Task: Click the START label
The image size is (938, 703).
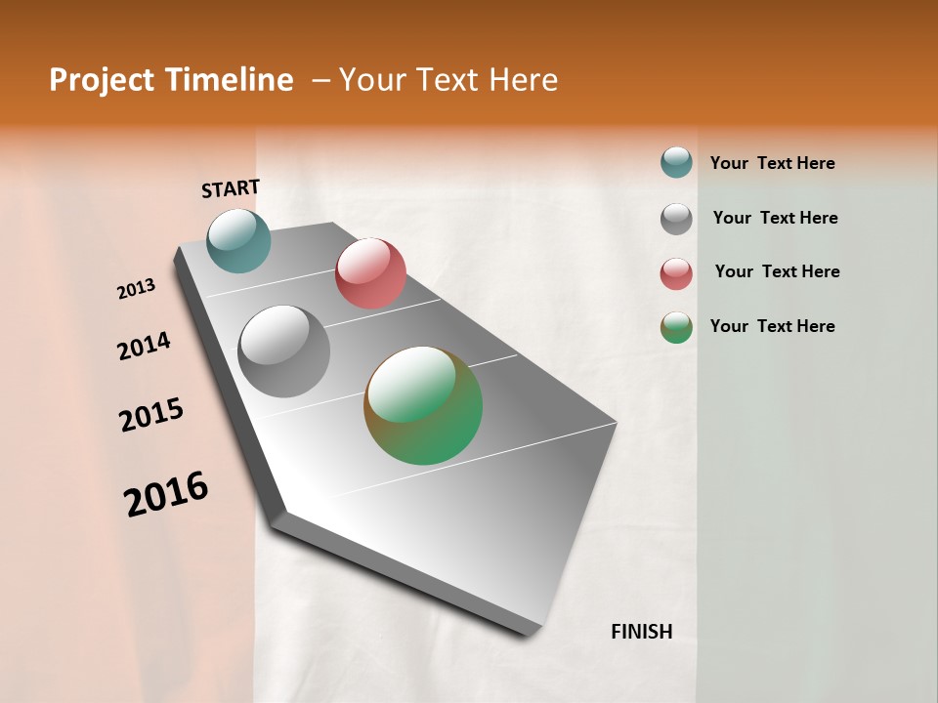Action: (231, 188)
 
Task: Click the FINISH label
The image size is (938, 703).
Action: (641, 632)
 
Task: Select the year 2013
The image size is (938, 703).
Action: (136, 289)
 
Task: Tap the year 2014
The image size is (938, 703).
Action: (144, 347)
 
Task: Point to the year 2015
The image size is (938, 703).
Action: (151, 415)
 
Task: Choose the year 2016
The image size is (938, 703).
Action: (166, 493)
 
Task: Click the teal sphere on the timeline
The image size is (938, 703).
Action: (238, 240)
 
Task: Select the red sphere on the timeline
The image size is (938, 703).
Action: (370, 272)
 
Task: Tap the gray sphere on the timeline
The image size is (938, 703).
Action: (283, 351)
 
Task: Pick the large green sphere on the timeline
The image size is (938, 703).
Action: (423, 405)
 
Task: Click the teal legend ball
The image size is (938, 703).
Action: (676, 162)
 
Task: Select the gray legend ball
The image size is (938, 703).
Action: (676, 219)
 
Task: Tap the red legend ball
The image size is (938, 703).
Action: (676, 273)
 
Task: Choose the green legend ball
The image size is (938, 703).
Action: (676, 327)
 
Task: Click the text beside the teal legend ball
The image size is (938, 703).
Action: (772, 163)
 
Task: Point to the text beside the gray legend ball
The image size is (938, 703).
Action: (775, 218)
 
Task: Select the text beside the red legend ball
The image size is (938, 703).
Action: (777, 271)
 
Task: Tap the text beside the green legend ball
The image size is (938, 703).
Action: (772, 326)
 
